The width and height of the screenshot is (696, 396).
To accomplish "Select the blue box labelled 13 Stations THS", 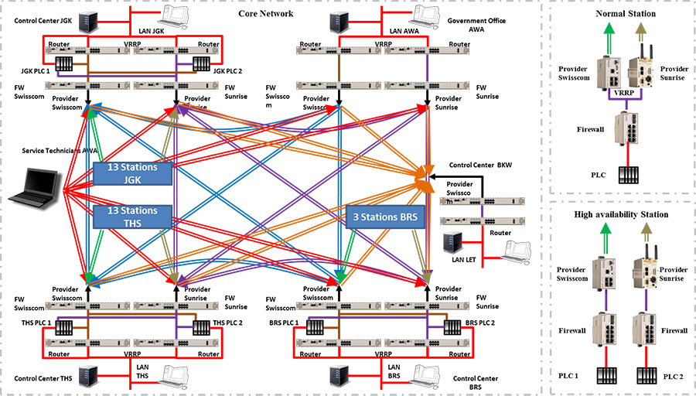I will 132,217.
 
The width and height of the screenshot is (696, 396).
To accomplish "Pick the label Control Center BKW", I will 480,165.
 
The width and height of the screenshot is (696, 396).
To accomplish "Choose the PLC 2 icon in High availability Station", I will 643,376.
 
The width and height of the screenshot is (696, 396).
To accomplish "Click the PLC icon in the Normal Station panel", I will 621,175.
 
